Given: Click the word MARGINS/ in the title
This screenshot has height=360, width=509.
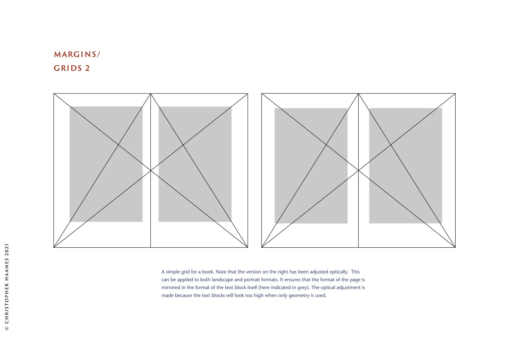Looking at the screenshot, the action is point(77,54).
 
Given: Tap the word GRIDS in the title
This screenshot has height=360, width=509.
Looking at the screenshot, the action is point(68,68).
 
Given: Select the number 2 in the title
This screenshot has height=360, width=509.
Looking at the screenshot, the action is point(87,68).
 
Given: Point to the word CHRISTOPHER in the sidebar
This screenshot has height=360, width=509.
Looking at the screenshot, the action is point(7,303).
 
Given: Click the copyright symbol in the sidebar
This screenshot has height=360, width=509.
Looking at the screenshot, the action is point(7,329).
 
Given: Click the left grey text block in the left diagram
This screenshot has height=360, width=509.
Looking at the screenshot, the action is point(106,164).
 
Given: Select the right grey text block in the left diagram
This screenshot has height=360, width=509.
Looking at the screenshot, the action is point(195,164).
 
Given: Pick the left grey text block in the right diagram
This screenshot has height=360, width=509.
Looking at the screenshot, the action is point(311,166).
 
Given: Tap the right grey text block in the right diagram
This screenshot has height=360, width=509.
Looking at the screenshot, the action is point(406,166).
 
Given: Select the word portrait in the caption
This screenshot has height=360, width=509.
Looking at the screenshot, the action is point(252,280).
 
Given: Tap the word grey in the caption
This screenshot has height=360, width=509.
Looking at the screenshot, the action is point(303,288).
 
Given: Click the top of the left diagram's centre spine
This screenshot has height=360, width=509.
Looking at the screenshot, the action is point(151,93).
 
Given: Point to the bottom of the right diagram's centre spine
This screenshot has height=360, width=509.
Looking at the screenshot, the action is point(358,247).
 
